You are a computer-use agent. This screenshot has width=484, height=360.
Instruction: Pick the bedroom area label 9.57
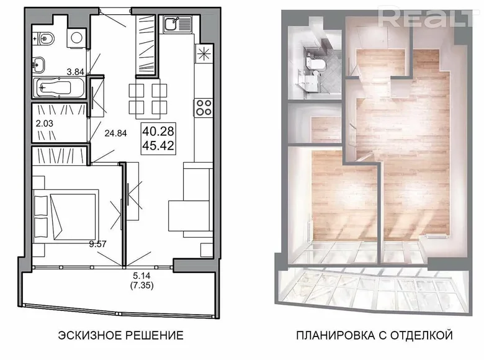point(98,244)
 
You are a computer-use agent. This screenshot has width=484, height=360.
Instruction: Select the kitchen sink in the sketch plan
point(171,25)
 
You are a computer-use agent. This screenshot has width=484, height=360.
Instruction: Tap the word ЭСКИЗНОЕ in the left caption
point(86,336)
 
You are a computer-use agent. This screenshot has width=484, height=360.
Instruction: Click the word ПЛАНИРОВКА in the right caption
point(329,336)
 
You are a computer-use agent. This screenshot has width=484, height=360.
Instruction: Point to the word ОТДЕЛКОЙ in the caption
point(423,336)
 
